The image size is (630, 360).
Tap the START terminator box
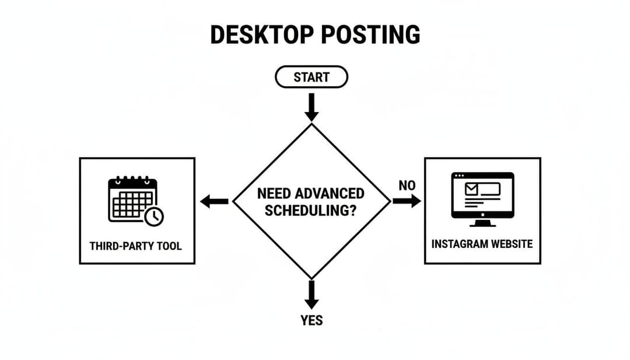pos(311,77)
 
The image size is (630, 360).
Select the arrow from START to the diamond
pos(311,107)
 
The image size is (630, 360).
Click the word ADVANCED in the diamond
pos(330,194)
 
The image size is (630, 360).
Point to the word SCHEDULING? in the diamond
pos(310,211)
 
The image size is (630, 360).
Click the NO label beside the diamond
pos(407,186)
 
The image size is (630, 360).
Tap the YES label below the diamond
pos(311,320)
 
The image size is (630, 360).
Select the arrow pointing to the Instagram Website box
pos(406,201)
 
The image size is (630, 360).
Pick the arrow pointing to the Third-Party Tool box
pos(214,202)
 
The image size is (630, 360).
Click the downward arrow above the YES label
pos(311,295)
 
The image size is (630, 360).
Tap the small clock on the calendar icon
pos(154,216)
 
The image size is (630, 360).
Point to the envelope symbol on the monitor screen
pos(471,189)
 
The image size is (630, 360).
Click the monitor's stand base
pos(482,224)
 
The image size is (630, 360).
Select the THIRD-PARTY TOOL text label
pos(136,246)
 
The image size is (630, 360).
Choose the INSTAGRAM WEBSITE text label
pos(482,244)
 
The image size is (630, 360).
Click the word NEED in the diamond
pos(274,194)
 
